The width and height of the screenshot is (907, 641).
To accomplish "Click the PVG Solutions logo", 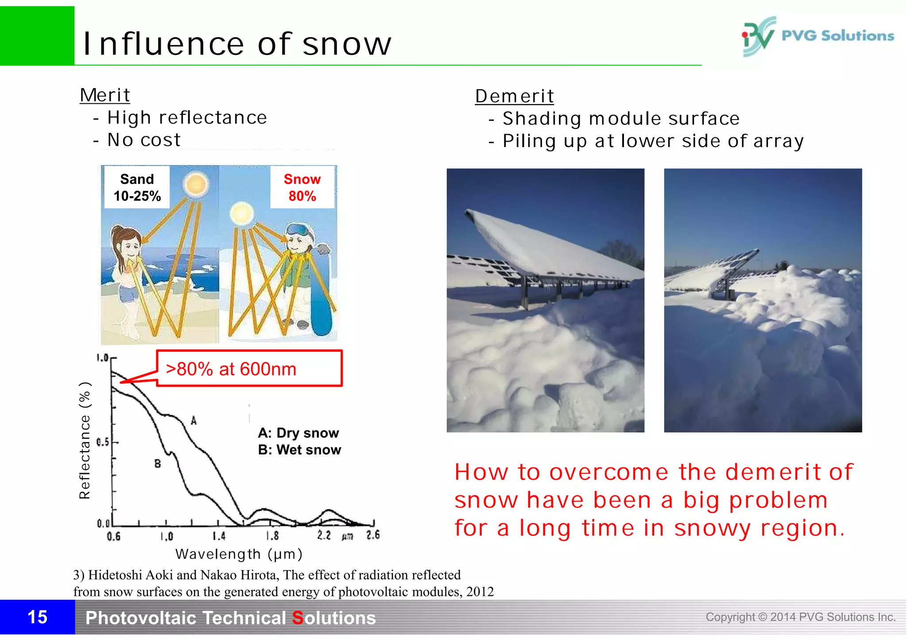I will pyautogui.click(x=818, y=36).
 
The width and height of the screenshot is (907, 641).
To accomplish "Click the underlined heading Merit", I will pyautogui.click(x=105, y=95).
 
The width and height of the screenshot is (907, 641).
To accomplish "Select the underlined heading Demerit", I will pyautogui.click(x=514, y=96).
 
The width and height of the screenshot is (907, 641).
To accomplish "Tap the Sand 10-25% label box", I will pyautogui.click(x=137, y=187).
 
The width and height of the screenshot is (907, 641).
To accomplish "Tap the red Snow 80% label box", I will pyautogui.click(x=302, y=187).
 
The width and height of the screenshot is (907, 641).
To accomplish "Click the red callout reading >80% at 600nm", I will pyautogui.click(x=249, y=369).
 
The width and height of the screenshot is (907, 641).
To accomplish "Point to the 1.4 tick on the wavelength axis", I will pyautogui.click(x=219, y=536).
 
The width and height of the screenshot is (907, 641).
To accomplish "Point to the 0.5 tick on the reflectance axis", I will pyautogui.click(x=103, y=442).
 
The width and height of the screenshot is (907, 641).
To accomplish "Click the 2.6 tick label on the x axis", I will pyautogui.click(x=373, y=535).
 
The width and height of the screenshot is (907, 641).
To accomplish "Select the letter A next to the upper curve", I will pyautogui.click(x=194, y=421).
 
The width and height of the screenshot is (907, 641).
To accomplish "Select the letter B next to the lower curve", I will pyautogui.click(x=158, y=464).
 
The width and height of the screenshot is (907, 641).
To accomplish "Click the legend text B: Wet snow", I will pyautogui.click(x=299, y=450).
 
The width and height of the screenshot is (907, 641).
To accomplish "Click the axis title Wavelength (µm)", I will pyautogui.click(x=239, y=554).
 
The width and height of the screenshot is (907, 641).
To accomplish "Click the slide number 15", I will pyautogui.click(x=37, y=617).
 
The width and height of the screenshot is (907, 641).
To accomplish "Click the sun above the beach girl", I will pyautogui.click(x=195, y=184).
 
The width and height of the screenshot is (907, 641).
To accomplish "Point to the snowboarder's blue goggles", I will pyautogui.click(x=298, y=230).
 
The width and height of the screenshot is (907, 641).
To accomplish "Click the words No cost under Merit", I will pyautogui.click(x=144, y=140).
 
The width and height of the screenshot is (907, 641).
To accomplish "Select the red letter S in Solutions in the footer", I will pyautogui.click(x=298, y=618).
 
